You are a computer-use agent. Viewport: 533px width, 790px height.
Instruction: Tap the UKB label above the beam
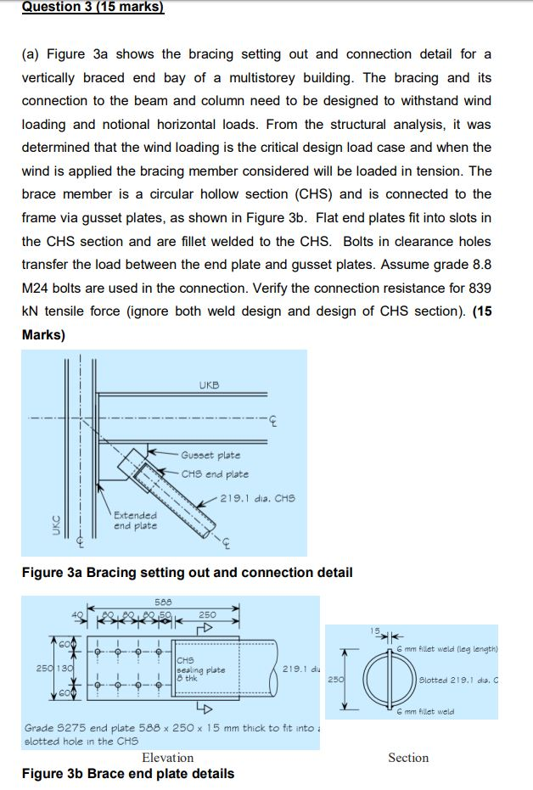209,385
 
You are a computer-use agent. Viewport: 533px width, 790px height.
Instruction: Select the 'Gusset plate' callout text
210,456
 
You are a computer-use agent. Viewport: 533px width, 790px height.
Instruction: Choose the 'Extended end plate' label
135,520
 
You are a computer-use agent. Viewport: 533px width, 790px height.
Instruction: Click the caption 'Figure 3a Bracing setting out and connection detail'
187,573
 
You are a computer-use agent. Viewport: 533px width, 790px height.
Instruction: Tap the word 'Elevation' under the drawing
167,758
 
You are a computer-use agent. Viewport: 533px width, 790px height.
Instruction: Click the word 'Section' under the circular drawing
408,758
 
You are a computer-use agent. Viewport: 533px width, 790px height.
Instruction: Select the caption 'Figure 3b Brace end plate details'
128,773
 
